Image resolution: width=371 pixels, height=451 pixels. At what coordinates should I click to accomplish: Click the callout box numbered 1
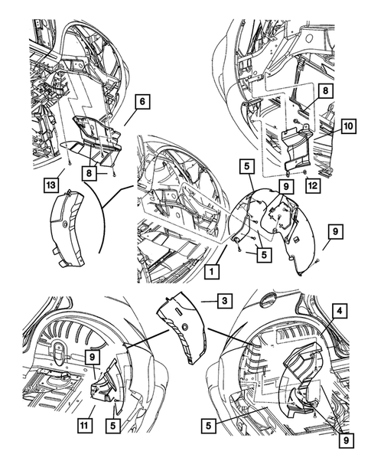211,272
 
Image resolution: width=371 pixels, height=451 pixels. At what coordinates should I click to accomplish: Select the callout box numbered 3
224,301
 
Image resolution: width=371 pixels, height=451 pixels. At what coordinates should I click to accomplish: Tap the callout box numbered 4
340,311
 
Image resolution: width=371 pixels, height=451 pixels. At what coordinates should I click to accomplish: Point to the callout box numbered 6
142,101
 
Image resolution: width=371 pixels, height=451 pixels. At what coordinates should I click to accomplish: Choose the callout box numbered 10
349,126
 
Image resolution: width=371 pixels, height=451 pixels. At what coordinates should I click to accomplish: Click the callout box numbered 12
313,185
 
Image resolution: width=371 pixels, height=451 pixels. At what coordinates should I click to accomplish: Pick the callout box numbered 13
50,185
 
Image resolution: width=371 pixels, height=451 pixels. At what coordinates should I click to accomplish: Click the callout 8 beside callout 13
89,174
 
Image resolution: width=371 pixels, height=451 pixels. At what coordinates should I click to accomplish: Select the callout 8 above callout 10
325,91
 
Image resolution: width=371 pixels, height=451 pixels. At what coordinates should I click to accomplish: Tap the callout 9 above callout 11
92,358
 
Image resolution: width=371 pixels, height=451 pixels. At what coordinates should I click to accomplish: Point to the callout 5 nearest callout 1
264,254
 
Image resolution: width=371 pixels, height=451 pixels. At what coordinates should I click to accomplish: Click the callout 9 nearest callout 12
286,187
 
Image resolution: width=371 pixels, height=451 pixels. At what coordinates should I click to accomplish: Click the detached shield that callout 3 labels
181,327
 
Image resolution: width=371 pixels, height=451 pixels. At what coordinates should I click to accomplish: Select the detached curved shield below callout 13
67,228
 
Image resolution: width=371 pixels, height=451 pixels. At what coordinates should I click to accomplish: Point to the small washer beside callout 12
304,173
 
